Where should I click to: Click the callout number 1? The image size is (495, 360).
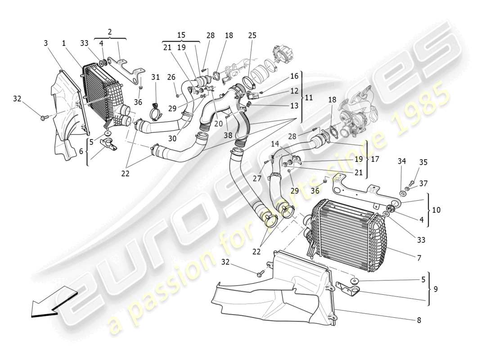tap(64, 43)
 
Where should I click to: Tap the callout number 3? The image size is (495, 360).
tap(46, 43)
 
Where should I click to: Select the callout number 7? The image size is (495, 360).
tap(419, 258)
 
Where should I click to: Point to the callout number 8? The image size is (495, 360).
tap(419, 320)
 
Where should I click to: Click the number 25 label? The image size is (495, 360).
tap(252, 35)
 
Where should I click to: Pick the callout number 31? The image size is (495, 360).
tap(155, 77)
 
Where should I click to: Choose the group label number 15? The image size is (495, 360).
tap(181, 35)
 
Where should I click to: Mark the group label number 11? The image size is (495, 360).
tap(309, 97)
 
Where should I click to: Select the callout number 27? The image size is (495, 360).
tap(257, 179)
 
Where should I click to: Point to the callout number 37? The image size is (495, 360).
tap(423, 184)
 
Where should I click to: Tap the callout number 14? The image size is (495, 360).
tap(275, 144)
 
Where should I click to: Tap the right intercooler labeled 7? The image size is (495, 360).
tap(346, 236)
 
